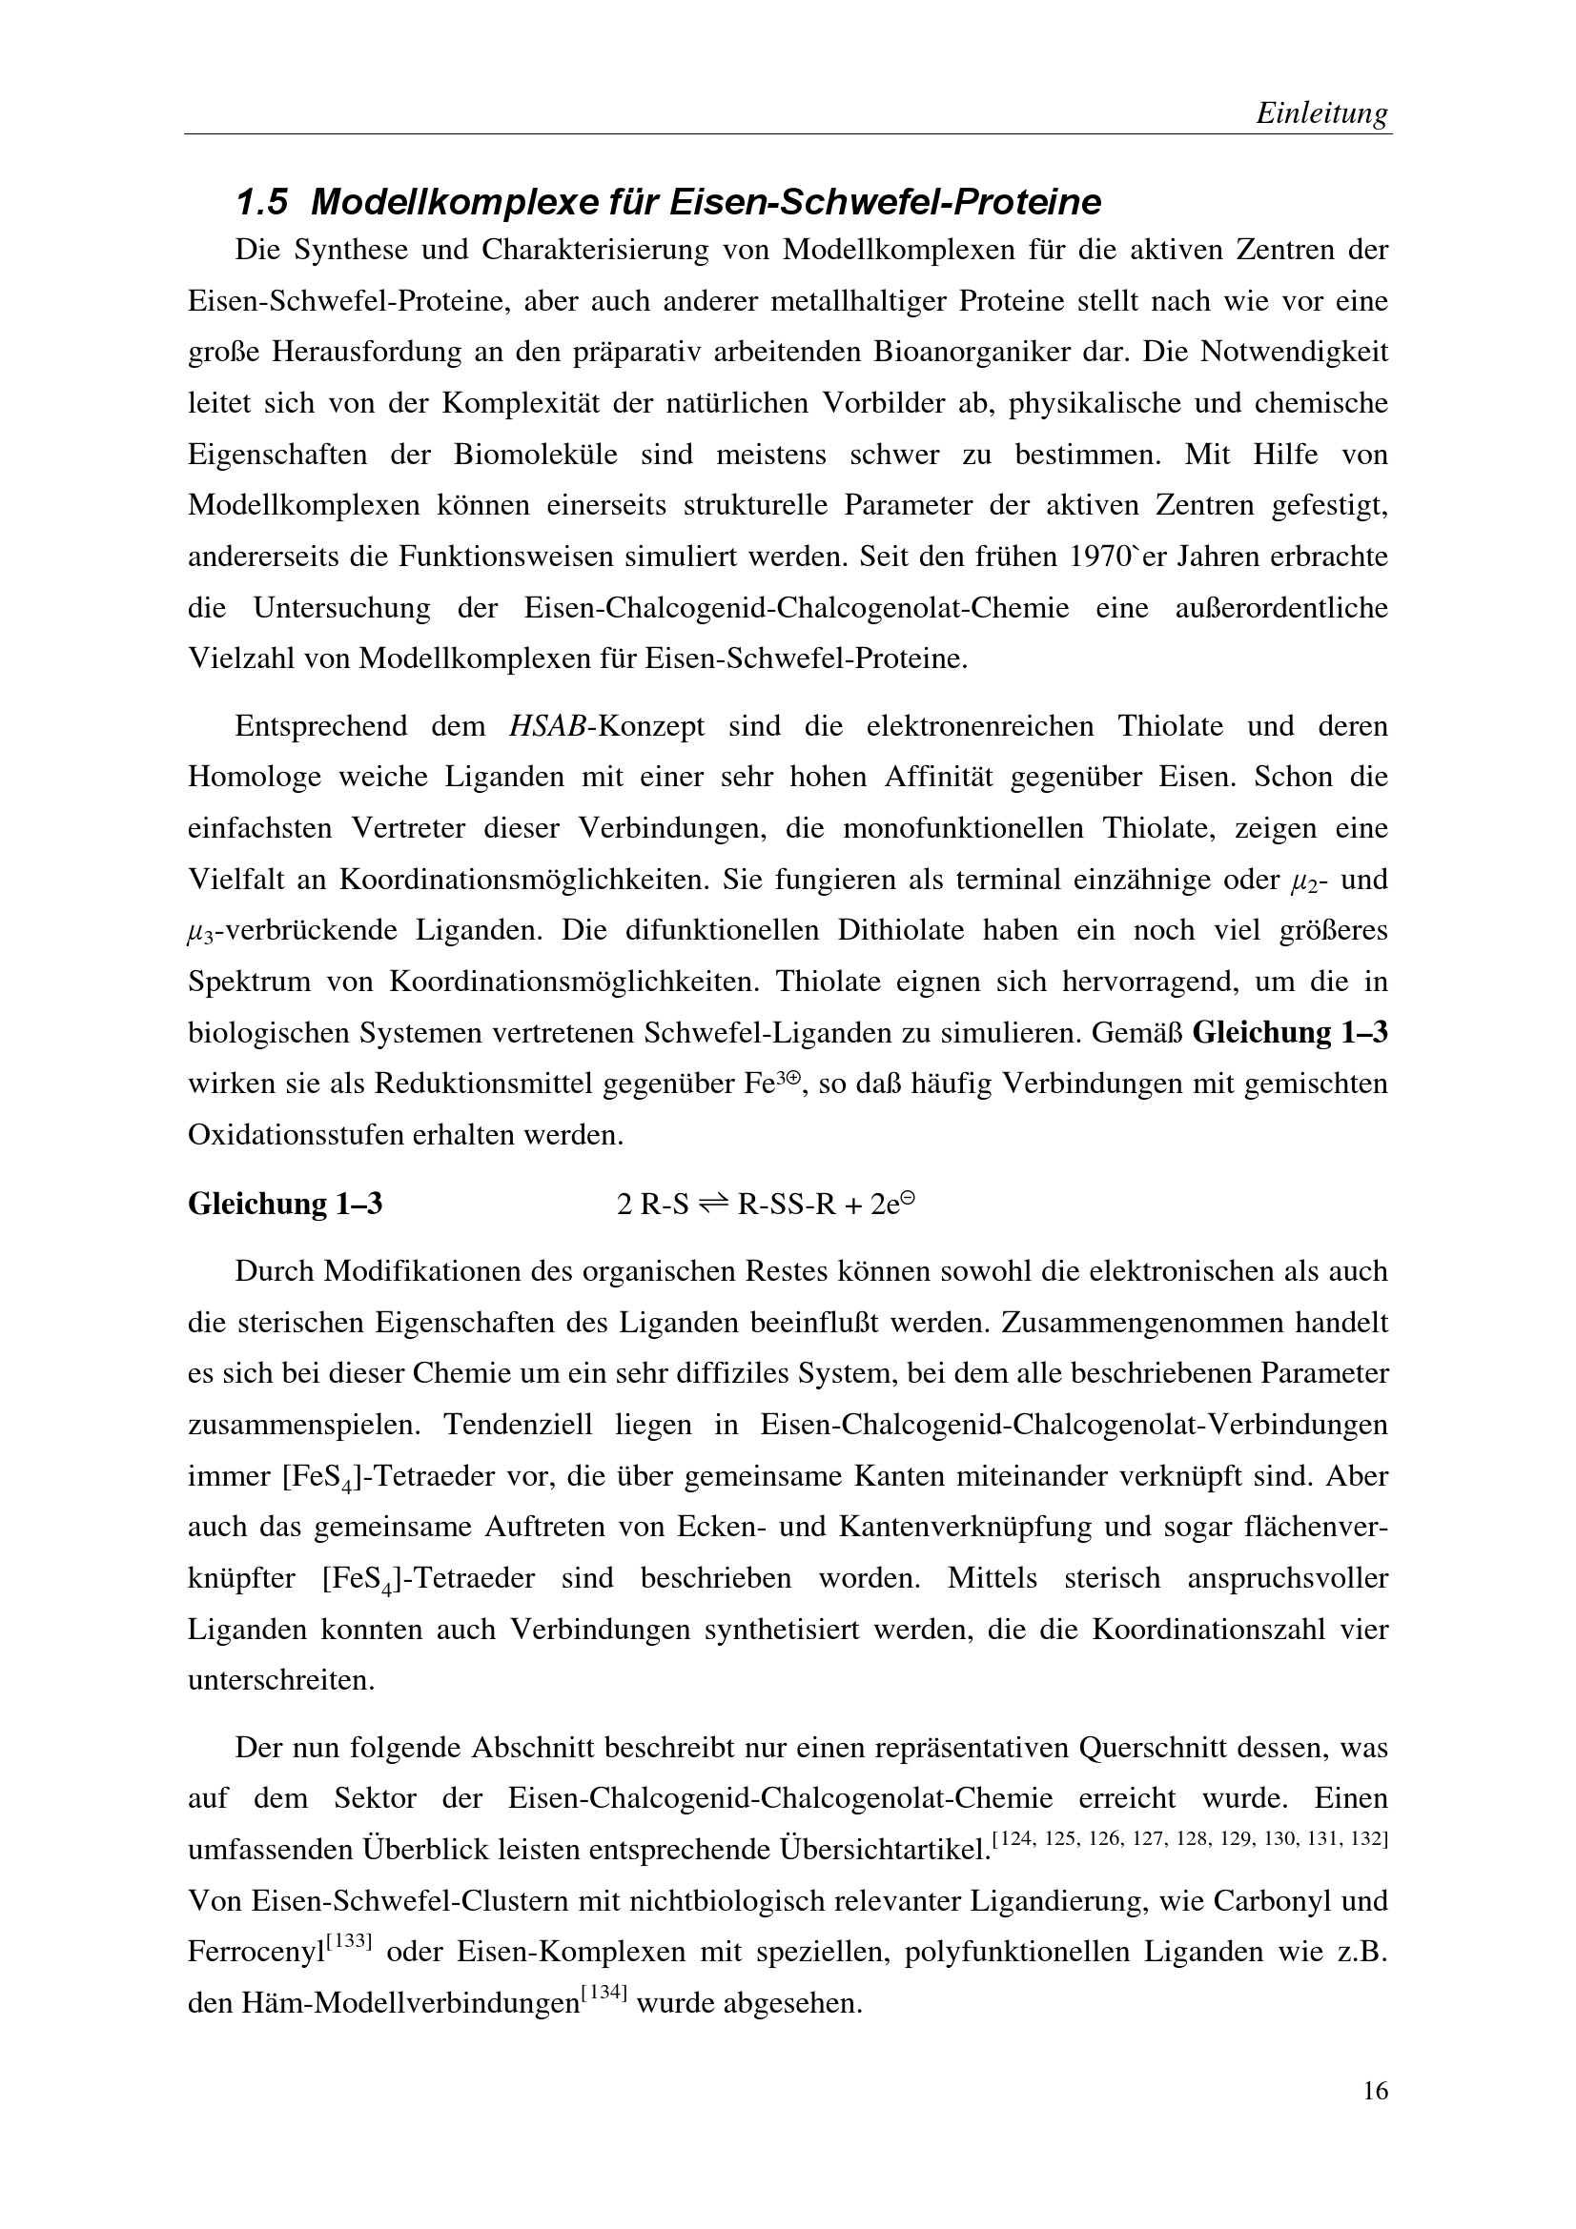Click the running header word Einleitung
1321,113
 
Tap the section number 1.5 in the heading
262,203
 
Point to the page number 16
1375,2118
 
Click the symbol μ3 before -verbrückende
199,931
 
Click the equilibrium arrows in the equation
713,1205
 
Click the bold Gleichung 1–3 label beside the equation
284,1204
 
